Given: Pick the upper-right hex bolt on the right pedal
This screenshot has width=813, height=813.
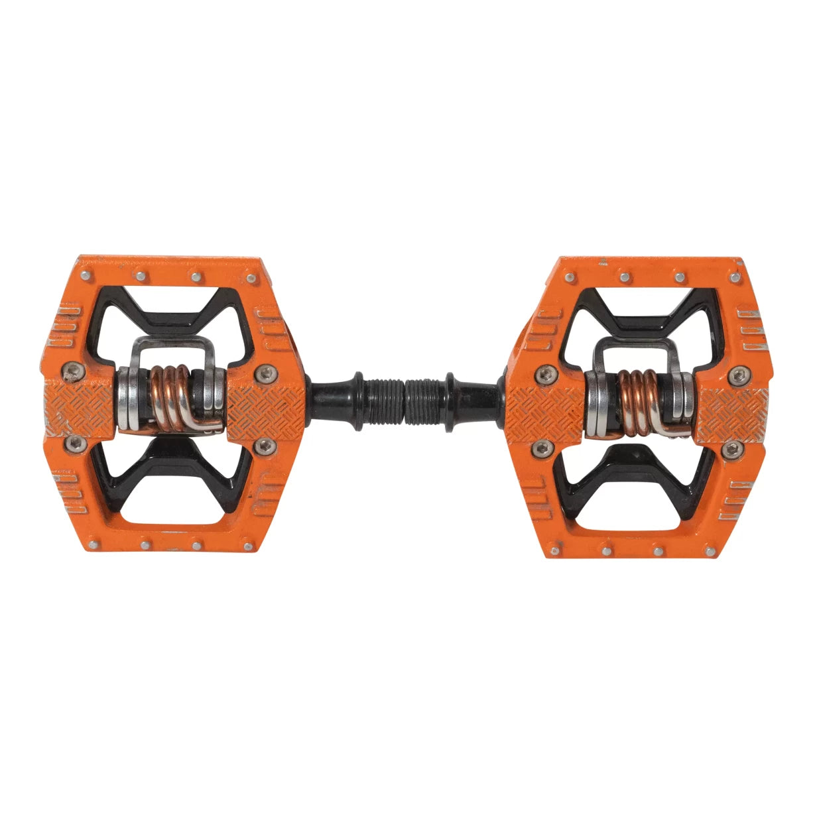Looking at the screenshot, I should point(735,377).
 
